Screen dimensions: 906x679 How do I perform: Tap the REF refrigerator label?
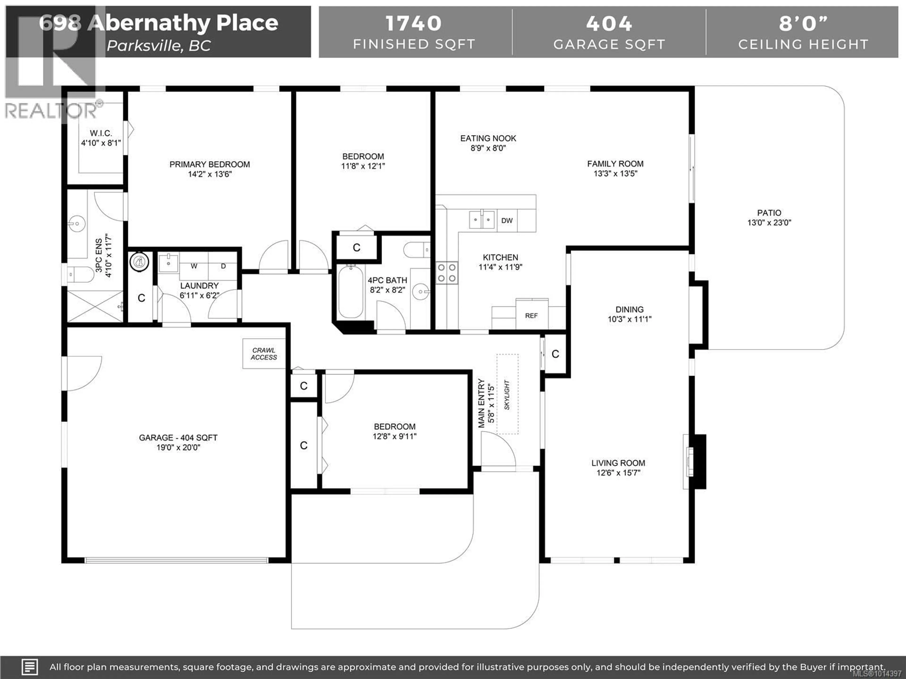(x=531, y=315)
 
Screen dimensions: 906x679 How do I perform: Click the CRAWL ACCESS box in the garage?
(x=264, y=354)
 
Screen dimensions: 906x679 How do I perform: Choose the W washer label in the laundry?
(x=194, y=266)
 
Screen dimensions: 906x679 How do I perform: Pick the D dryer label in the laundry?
(x=223, y=266)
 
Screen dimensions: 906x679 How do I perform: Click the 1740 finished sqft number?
(x=414, y=23)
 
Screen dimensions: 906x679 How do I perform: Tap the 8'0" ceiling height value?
(x=803, y=23)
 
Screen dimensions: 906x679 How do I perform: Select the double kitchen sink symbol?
(x=482, y=219)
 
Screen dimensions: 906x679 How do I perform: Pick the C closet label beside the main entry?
(x=555, y=354)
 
